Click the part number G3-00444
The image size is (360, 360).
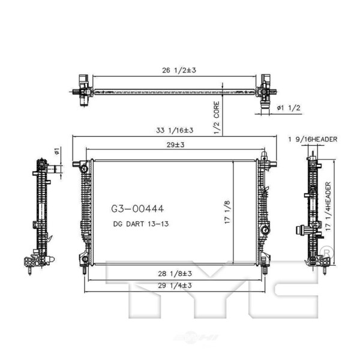(137, 209)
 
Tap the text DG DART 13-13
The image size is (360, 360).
(141, 224)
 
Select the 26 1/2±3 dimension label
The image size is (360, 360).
(179, 70)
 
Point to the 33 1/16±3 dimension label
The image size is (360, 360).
(175, 130)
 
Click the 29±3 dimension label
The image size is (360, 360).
(176, 145)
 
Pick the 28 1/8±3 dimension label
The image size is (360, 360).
(175, 274)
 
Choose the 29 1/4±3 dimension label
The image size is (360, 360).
(175, 286)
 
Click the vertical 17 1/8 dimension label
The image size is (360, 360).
(227, 212)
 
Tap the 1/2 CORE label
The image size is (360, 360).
(217, 118)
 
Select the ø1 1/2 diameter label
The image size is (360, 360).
(289, 107)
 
